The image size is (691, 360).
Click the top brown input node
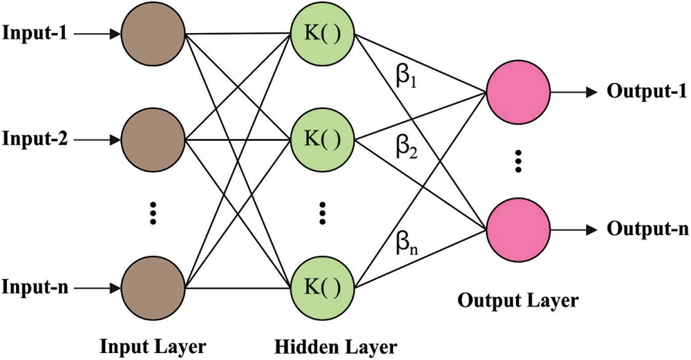(x=152, y=32)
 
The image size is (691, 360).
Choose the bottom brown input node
(x=152, y=286)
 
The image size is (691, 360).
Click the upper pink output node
(x=518, y=92)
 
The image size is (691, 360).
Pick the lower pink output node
(x=518, y=228)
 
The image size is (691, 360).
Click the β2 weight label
(x=407, y=148)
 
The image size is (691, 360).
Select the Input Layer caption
(x=153, y=344)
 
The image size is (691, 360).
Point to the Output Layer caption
(x=518, y=301)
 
